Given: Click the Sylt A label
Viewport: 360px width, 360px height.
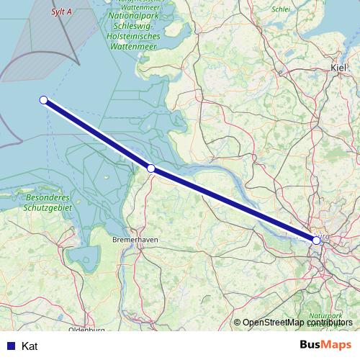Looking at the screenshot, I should tap(62, 12).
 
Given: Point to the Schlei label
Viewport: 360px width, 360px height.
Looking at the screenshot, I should tap(282, 11).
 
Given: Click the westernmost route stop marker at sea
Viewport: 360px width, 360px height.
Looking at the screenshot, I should tap(44, 100).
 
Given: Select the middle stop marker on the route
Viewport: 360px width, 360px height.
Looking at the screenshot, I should tap(151, 168).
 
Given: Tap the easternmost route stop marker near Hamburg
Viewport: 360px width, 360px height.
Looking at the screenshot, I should tap(316, 240).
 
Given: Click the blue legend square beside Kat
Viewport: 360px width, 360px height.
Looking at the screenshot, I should tap(12, 346).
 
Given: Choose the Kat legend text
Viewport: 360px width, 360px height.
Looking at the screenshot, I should tap(30, 346).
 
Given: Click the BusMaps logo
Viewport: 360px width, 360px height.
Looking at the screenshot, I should tap(325, 346).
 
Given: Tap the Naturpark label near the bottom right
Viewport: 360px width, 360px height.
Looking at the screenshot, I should tap(326, 316).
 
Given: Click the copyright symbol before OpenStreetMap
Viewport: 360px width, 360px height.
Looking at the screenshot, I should tap(237, 323).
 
